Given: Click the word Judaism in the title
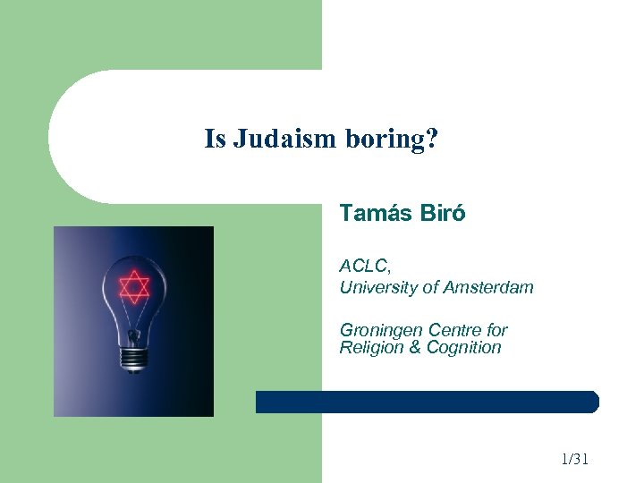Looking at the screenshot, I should tap(282, 140).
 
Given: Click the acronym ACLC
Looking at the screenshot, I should tap(364, 266).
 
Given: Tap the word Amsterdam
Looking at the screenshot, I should tap(490, 287).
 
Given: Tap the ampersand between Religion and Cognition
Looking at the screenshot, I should tap(414, 348).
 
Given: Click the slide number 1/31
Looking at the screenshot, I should tap(574, 460).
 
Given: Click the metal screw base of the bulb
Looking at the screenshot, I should tap(135, 355).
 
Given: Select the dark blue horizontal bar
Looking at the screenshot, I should tap(427, 402).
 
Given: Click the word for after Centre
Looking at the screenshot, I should tap(497, 331).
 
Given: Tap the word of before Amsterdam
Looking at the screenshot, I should tap(430, 287).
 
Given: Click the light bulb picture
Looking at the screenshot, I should tap(133, 320).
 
